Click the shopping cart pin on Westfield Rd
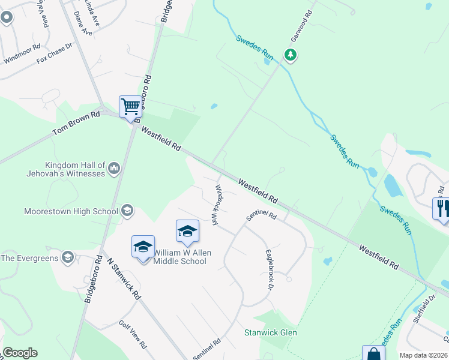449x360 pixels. click(x=130, y=107)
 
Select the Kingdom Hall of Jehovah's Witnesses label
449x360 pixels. click(x=75, y=169)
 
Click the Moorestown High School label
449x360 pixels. click(x=71, y=211)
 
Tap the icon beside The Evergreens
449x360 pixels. click(x=67, y=257)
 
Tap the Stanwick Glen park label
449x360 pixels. click(x=270, y=332)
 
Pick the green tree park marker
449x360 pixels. click(x=291, y=56)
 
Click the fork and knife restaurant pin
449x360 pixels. click(x=441, y=209)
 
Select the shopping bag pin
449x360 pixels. click(x=373, y=353)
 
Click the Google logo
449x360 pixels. click(x=20, y=353)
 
